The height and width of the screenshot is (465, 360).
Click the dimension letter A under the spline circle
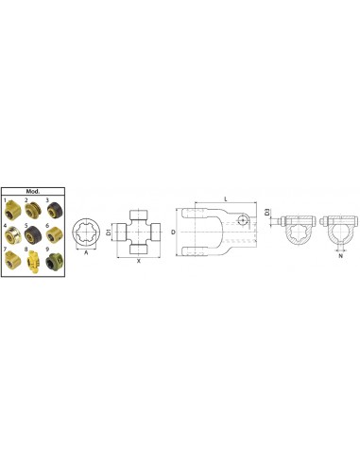point(88,253)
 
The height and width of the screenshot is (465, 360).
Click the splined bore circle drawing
point(88,232)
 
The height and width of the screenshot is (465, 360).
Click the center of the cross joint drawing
point(139,232)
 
